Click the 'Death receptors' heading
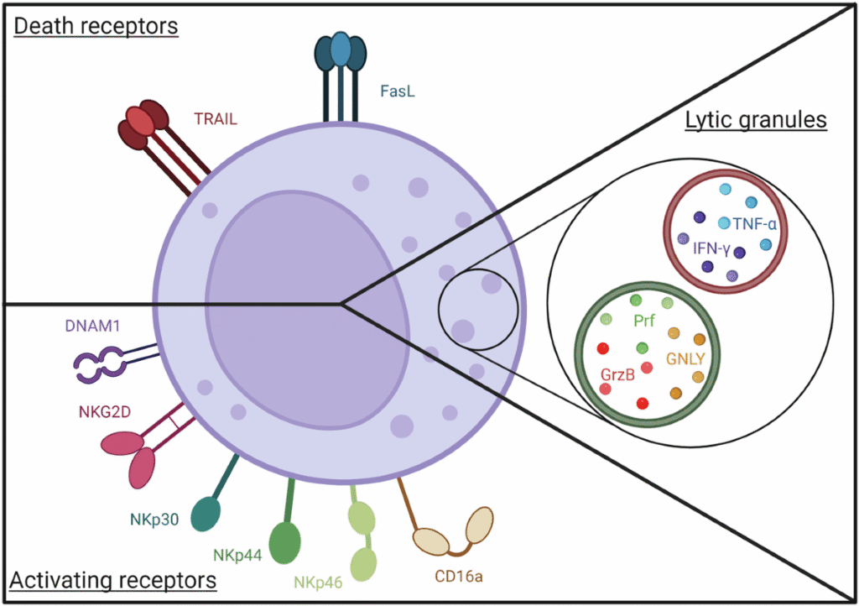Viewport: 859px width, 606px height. [96, 26]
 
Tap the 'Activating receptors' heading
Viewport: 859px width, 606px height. [113, 579]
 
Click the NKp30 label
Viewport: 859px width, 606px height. [154, 519]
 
